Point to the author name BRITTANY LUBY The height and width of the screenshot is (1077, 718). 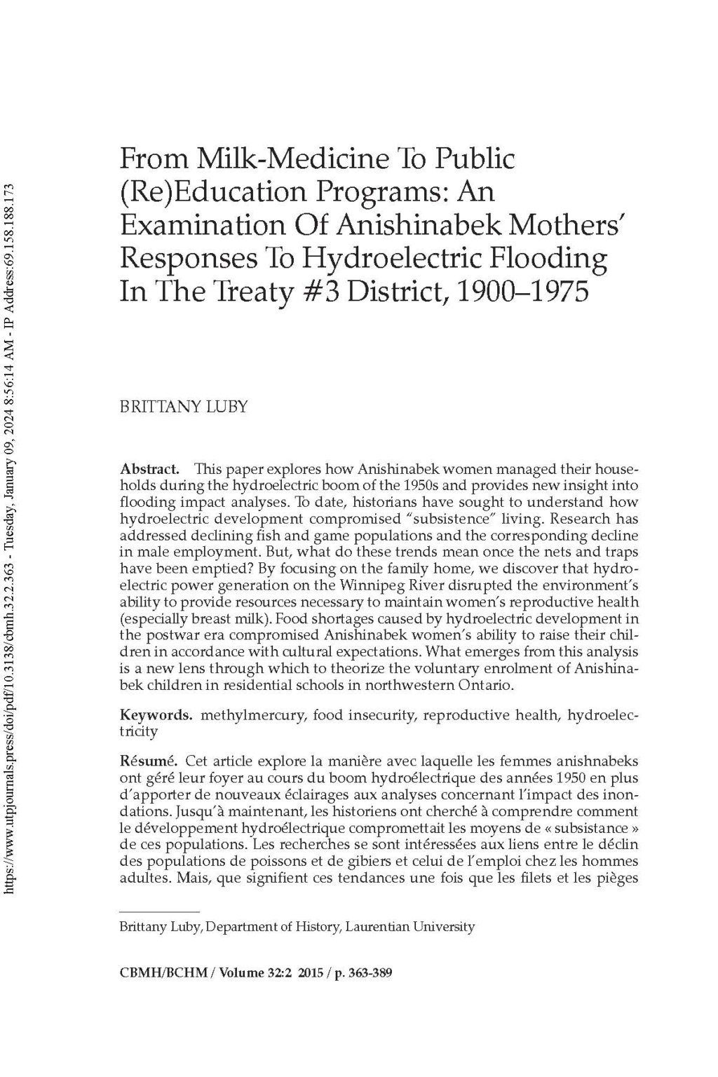(184, 407)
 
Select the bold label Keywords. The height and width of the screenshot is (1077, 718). (156, 715)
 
